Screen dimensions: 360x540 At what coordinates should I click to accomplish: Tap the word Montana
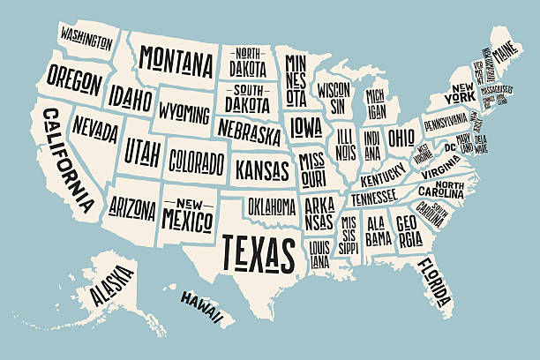coord(176,63)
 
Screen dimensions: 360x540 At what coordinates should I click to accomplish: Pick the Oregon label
coord(74,79)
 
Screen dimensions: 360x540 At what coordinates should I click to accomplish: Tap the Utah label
coord(143,151)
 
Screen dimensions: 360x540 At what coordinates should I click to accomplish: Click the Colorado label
coord(196,161)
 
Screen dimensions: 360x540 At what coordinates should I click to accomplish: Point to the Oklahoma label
coord(271,206)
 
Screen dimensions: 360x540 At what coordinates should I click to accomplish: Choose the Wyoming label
coord(184,114)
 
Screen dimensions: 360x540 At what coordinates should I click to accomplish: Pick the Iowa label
coord(306,125)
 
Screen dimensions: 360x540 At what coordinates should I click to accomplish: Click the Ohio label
coord(401,138)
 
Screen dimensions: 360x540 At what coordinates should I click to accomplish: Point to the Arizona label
coord(131,208)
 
